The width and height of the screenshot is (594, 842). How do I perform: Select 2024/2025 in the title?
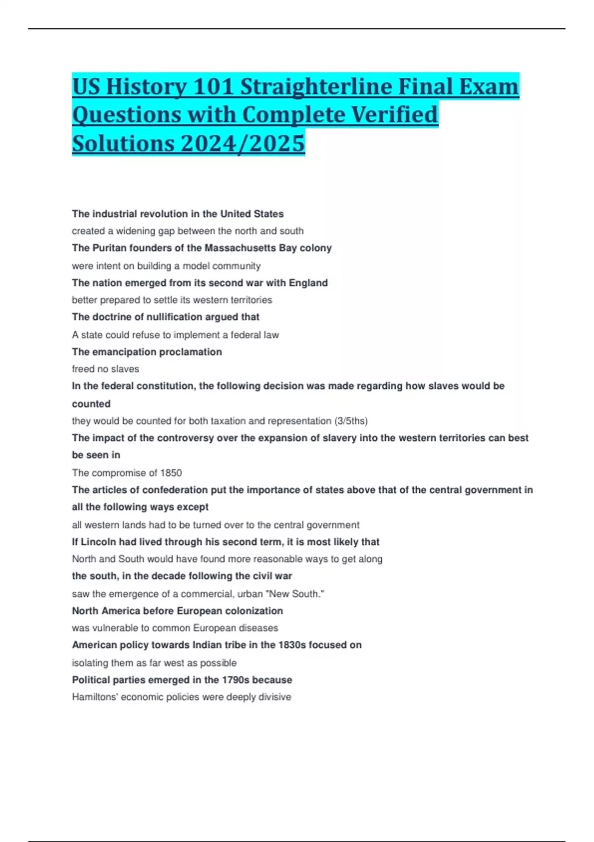[x=243, y=144]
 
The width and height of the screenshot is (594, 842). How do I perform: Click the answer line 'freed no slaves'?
[x=105, y=369]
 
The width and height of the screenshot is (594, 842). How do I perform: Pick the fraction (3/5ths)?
[x=351, y=421]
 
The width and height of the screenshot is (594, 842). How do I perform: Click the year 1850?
[x=171, y=473]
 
